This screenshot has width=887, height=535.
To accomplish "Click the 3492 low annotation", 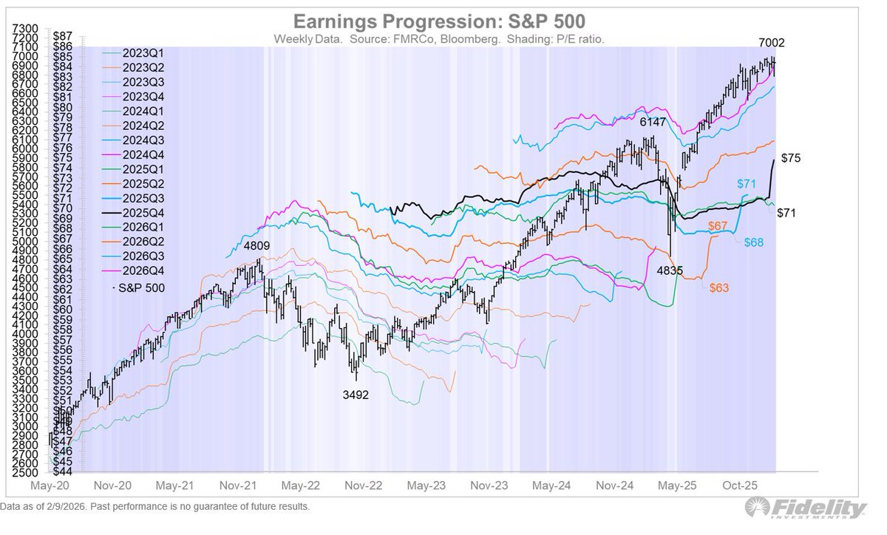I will click(355, 395).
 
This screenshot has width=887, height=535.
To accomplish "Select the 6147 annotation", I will click(653, 121).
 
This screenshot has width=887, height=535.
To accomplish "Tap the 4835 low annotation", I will click(670, 271).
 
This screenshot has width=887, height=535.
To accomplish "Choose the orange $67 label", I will click(719, 225).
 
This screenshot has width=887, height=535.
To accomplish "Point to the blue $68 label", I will click(755, 243).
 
